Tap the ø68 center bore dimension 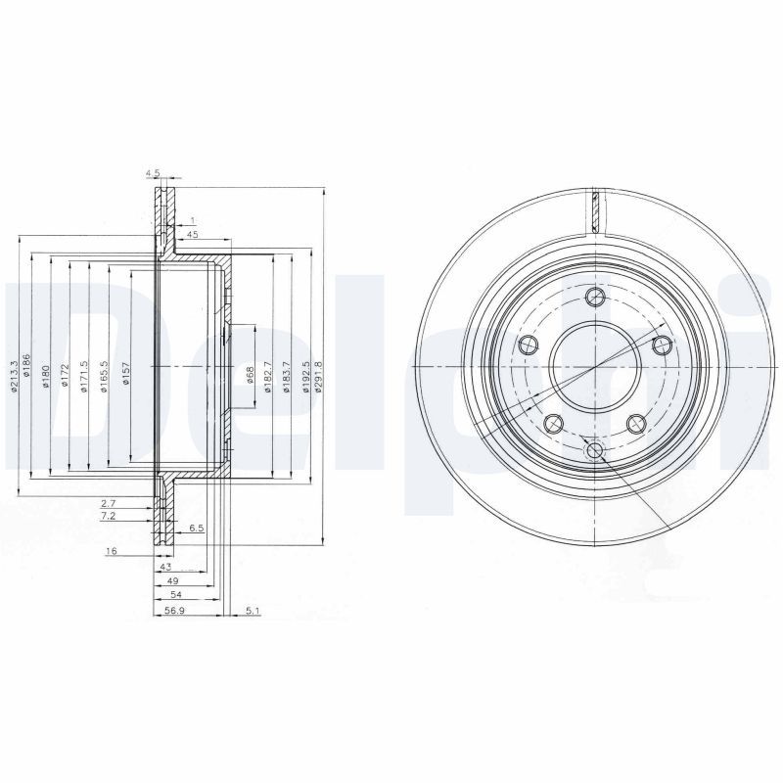251,374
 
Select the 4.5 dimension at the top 153,173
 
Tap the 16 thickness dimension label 112,552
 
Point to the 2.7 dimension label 110,502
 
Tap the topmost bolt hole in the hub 594,299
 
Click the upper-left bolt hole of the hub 529,344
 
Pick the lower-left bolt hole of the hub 553,422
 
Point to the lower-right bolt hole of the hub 635,422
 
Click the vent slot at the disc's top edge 594,208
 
